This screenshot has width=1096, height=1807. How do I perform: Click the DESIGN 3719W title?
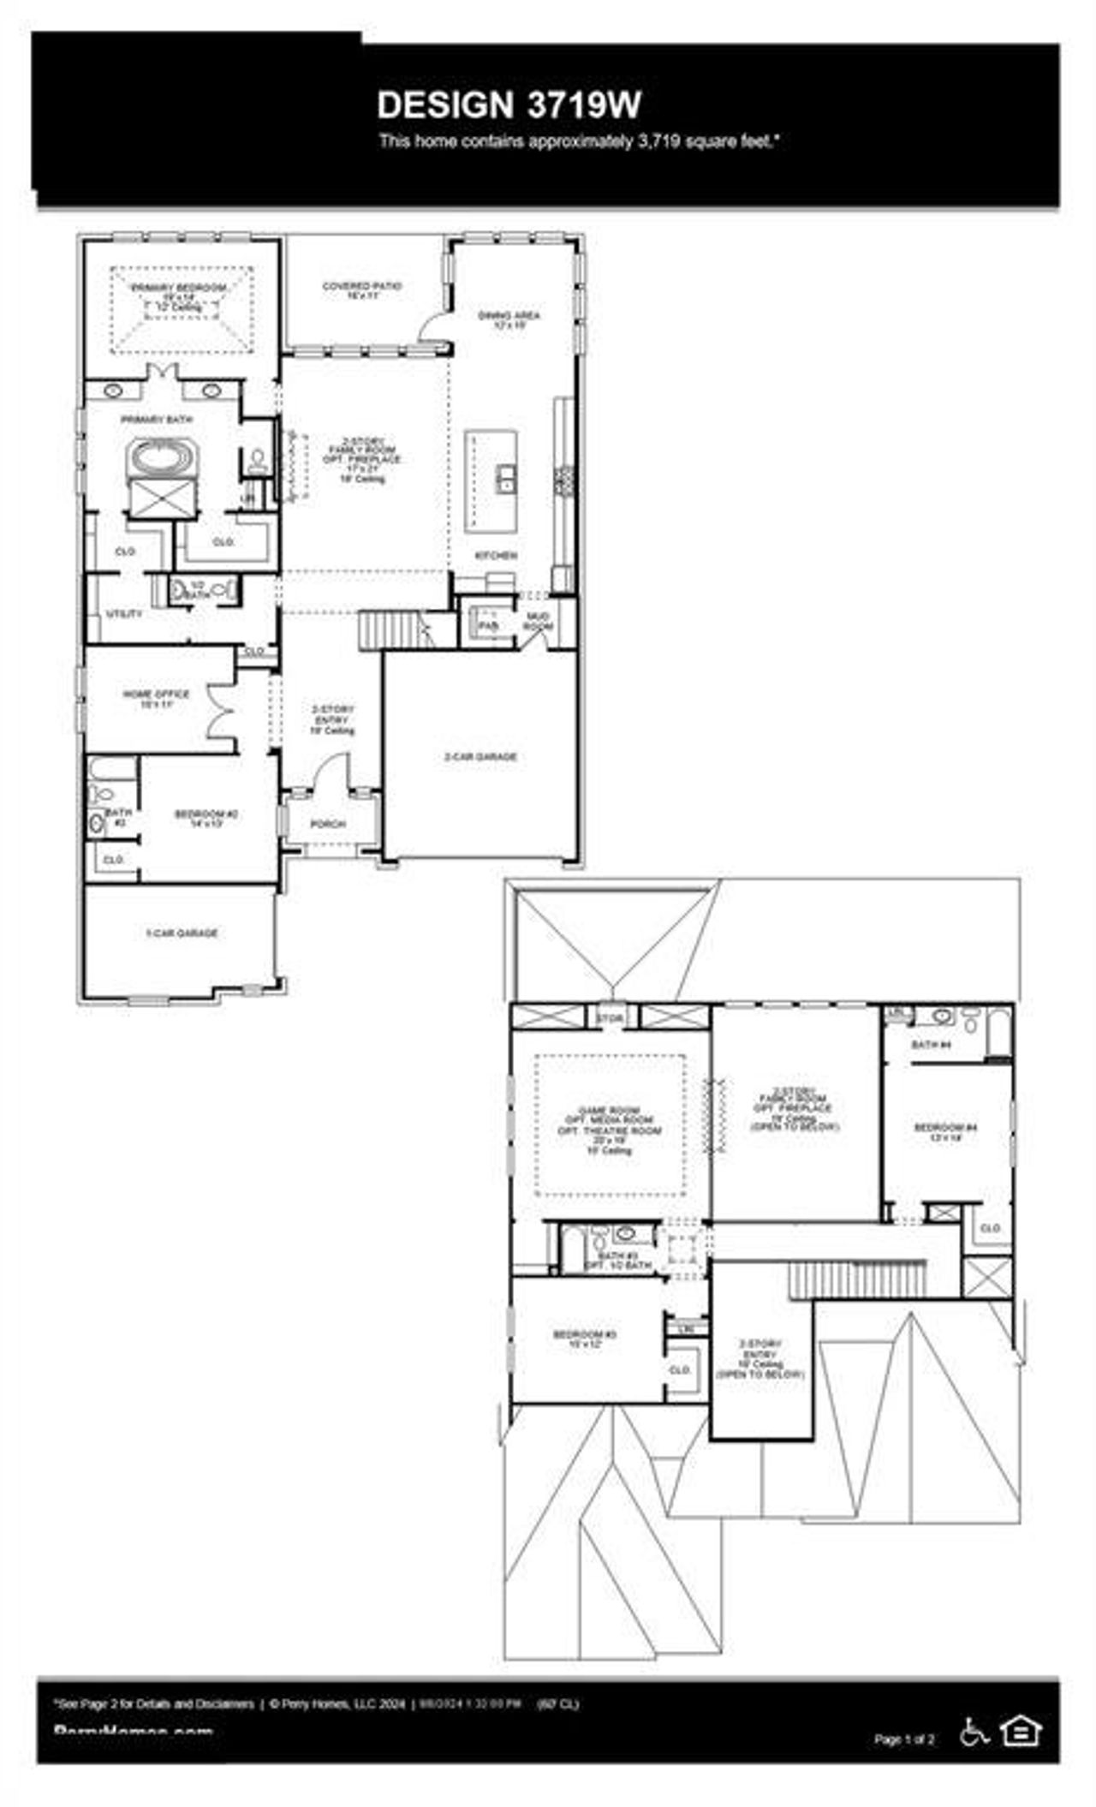tap(509, 105)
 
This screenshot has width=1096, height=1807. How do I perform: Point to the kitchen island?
tap(491, 480)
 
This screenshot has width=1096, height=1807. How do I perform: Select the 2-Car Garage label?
tap(480, 756)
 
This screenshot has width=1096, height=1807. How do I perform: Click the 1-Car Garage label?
tap(182, 933)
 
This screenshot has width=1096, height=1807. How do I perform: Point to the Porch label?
tap(327, 824)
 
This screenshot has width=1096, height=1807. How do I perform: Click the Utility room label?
tap(124, 614)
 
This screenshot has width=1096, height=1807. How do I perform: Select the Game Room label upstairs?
tap(609, 1111)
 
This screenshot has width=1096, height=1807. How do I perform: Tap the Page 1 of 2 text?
tap(904, 1739)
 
